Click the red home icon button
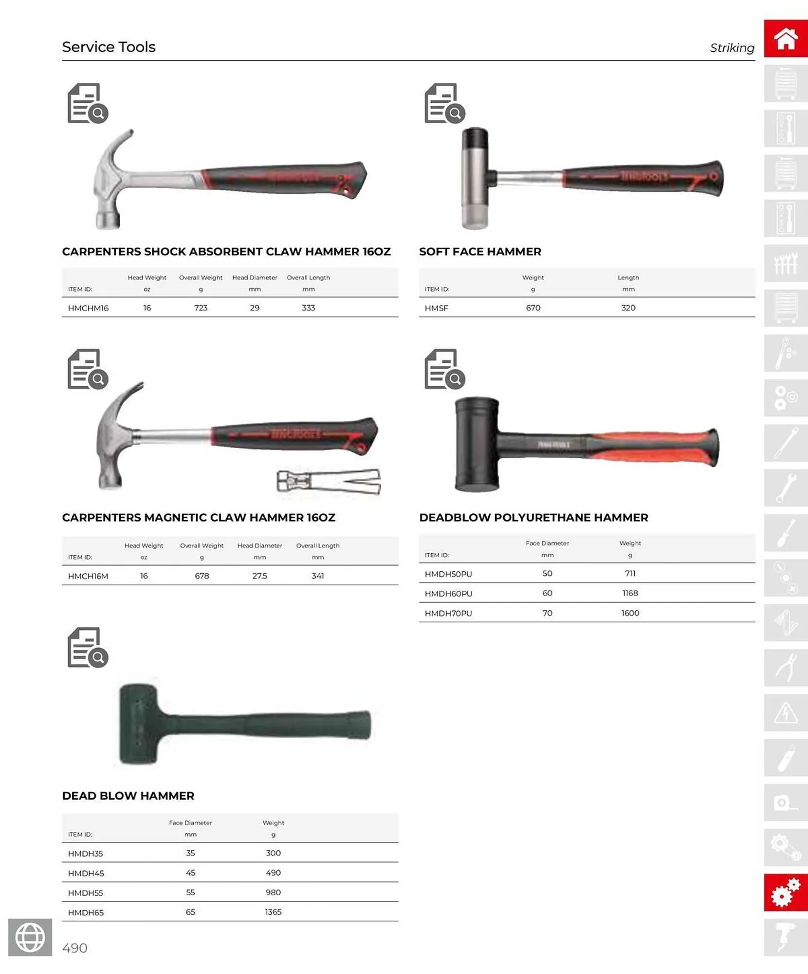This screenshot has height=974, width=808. [x=785, y=38]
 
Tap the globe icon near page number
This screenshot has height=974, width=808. [x=30, y=937]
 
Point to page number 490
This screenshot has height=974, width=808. [x=75, y=948]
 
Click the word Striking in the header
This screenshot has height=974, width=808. [x=732, y=48]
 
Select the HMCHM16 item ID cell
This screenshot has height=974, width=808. [x=88, y=308]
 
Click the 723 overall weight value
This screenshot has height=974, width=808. [x=201, y=308]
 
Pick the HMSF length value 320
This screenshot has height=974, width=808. [x=628, y=308]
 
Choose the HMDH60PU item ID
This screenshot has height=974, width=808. [x=448, y=594]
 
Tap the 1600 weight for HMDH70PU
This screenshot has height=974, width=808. [x=630, y=613]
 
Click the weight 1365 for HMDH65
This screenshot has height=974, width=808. [x=273, y=912]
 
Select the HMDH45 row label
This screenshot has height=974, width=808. [x=86, y=873]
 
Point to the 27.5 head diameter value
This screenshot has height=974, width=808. [x=259, y=576]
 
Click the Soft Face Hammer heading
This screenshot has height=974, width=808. [x=480, y=252]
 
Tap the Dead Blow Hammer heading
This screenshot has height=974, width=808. [x=128, y=796]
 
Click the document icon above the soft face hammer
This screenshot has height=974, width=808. [x=444, y=103]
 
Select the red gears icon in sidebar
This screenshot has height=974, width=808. [x=785, y=893]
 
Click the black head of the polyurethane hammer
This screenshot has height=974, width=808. [x=477, y=444]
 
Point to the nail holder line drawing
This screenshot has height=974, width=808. [x=329, y=482]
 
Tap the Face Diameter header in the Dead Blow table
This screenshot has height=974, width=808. [x=190, y=823]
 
